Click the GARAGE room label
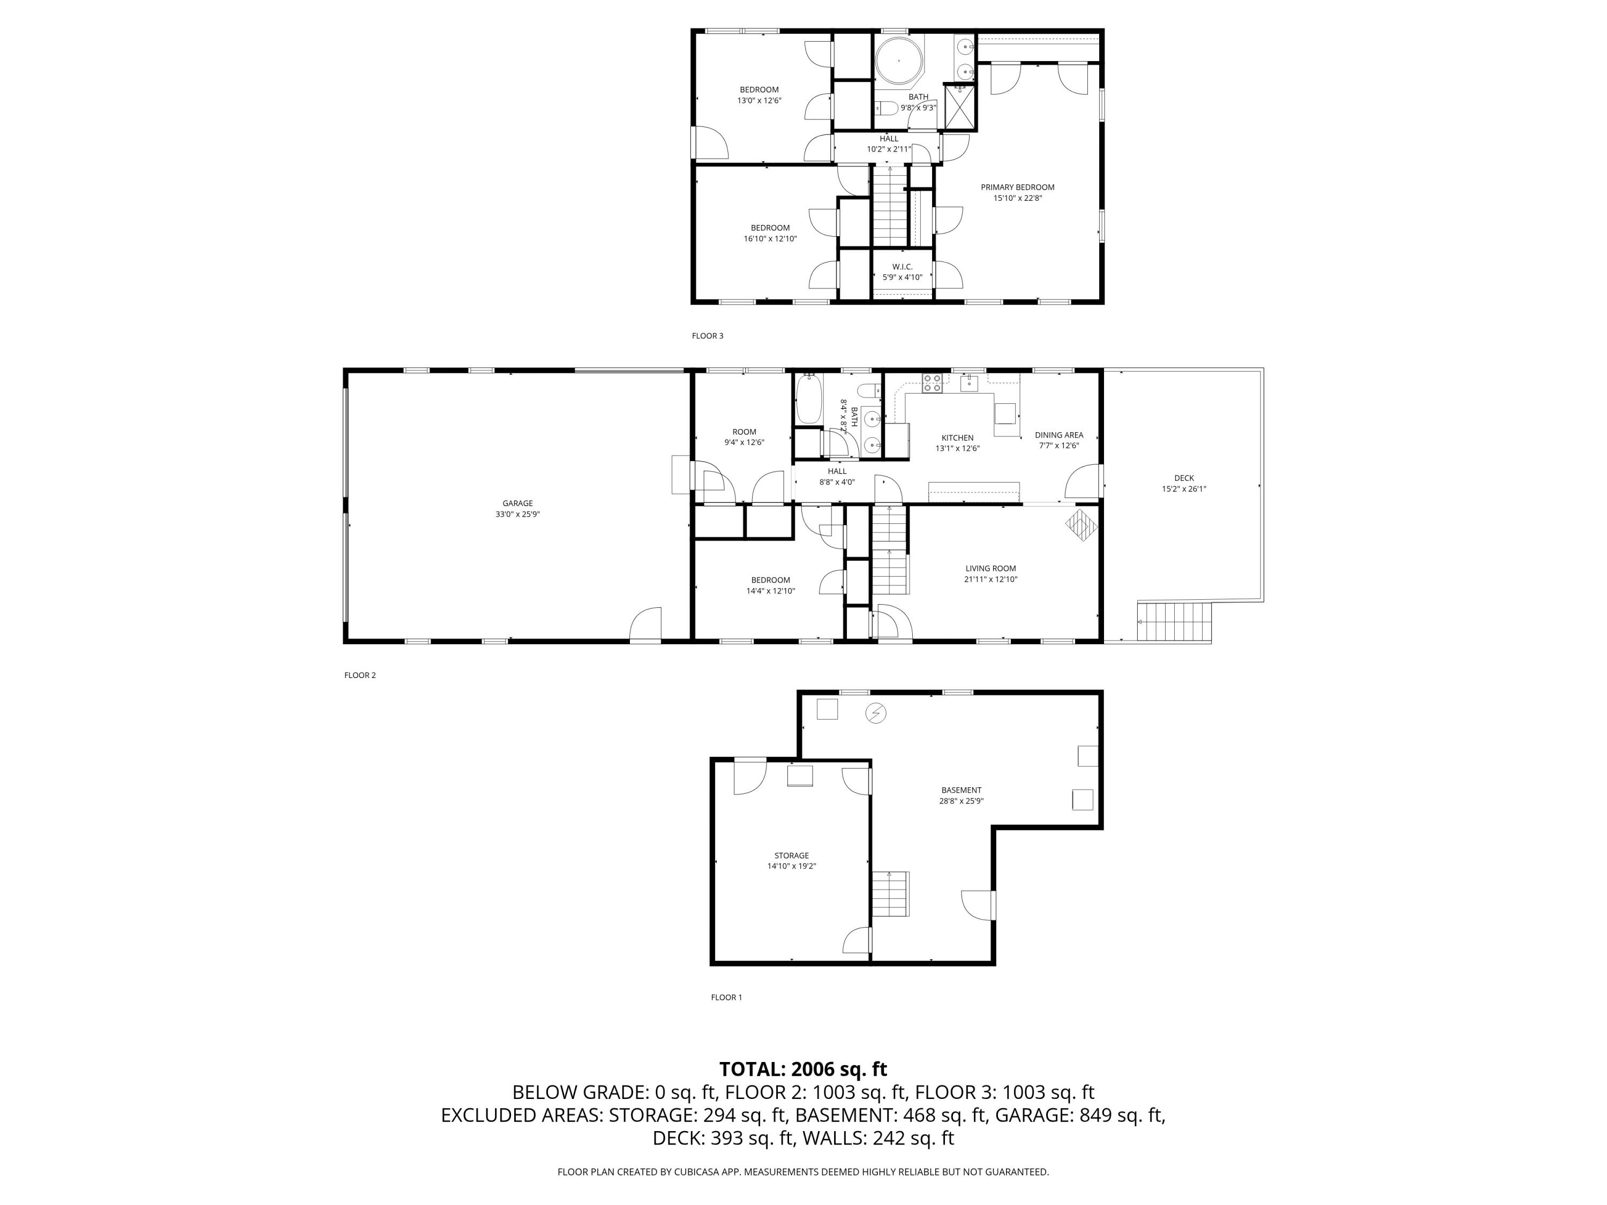coord(517,503)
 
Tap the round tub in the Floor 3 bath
coord(899,61)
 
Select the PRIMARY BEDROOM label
coord(1017,187)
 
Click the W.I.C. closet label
coord(902,267)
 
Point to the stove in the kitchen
coord(932,383)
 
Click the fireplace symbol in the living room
coord(1081,524)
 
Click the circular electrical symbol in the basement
coord(876,713)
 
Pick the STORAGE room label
coord(791,856)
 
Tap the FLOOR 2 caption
coord(359,675)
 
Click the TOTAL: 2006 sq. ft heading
coord(803,1069)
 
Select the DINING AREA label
coord(1058,435)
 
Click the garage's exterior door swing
coord(646,624)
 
